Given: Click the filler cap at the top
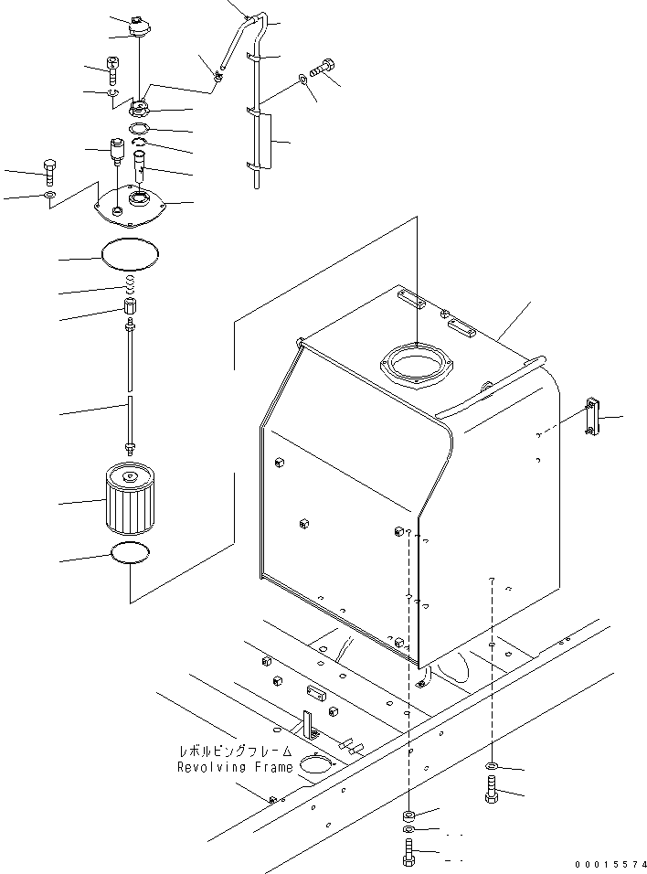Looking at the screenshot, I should tap(139, 27).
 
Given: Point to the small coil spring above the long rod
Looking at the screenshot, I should tap(131, 286).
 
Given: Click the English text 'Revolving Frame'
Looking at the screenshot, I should tap(236, 767).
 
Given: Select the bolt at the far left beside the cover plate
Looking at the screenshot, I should tap(48, 171).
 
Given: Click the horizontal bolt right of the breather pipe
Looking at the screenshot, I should tap(325, 68).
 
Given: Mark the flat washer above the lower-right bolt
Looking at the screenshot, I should tap(492, 765).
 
